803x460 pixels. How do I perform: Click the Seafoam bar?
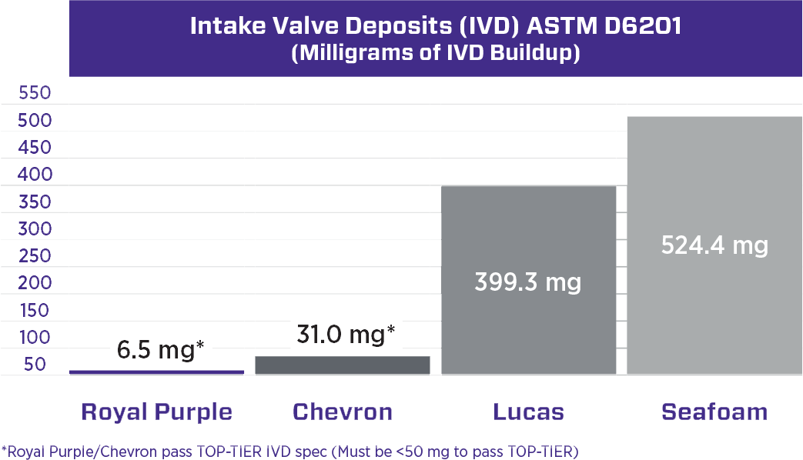tap(714, 245)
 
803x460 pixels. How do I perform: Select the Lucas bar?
tap(528, 280)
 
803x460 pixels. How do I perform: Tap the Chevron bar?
tap(343, 365)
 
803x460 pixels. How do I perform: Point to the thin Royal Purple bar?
tap(157, 372)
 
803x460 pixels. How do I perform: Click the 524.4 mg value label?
tap(714, 245)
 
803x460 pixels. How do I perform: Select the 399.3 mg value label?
tap(528, 282)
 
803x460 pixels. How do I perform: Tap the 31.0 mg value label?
tap(346, 335)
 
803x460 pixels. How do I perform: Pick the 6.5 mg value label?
tap(160, 350)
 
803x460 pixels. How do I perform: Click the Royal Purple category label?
tap(157, 412)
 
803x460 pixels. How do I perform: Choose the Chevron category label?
tap(343, 412)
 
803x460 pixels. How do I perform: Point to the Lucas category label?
tap(528, 412)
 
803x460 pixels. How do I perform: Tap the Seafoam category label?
tap(714, 412)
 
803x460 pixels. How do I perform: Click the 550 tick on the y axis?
tap(35, 93)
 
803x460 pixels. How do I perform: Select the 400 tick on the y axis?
tap(35, 175)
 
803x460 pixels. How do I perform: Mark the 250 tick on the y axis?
tap(35, 256)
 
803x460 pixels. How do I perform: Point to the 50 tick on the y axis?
tap(35, 365)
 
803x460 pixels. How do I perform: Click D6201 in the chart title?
tap(643, 25)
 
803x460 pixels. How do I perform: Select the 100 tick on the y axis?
tap(35, 337)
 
